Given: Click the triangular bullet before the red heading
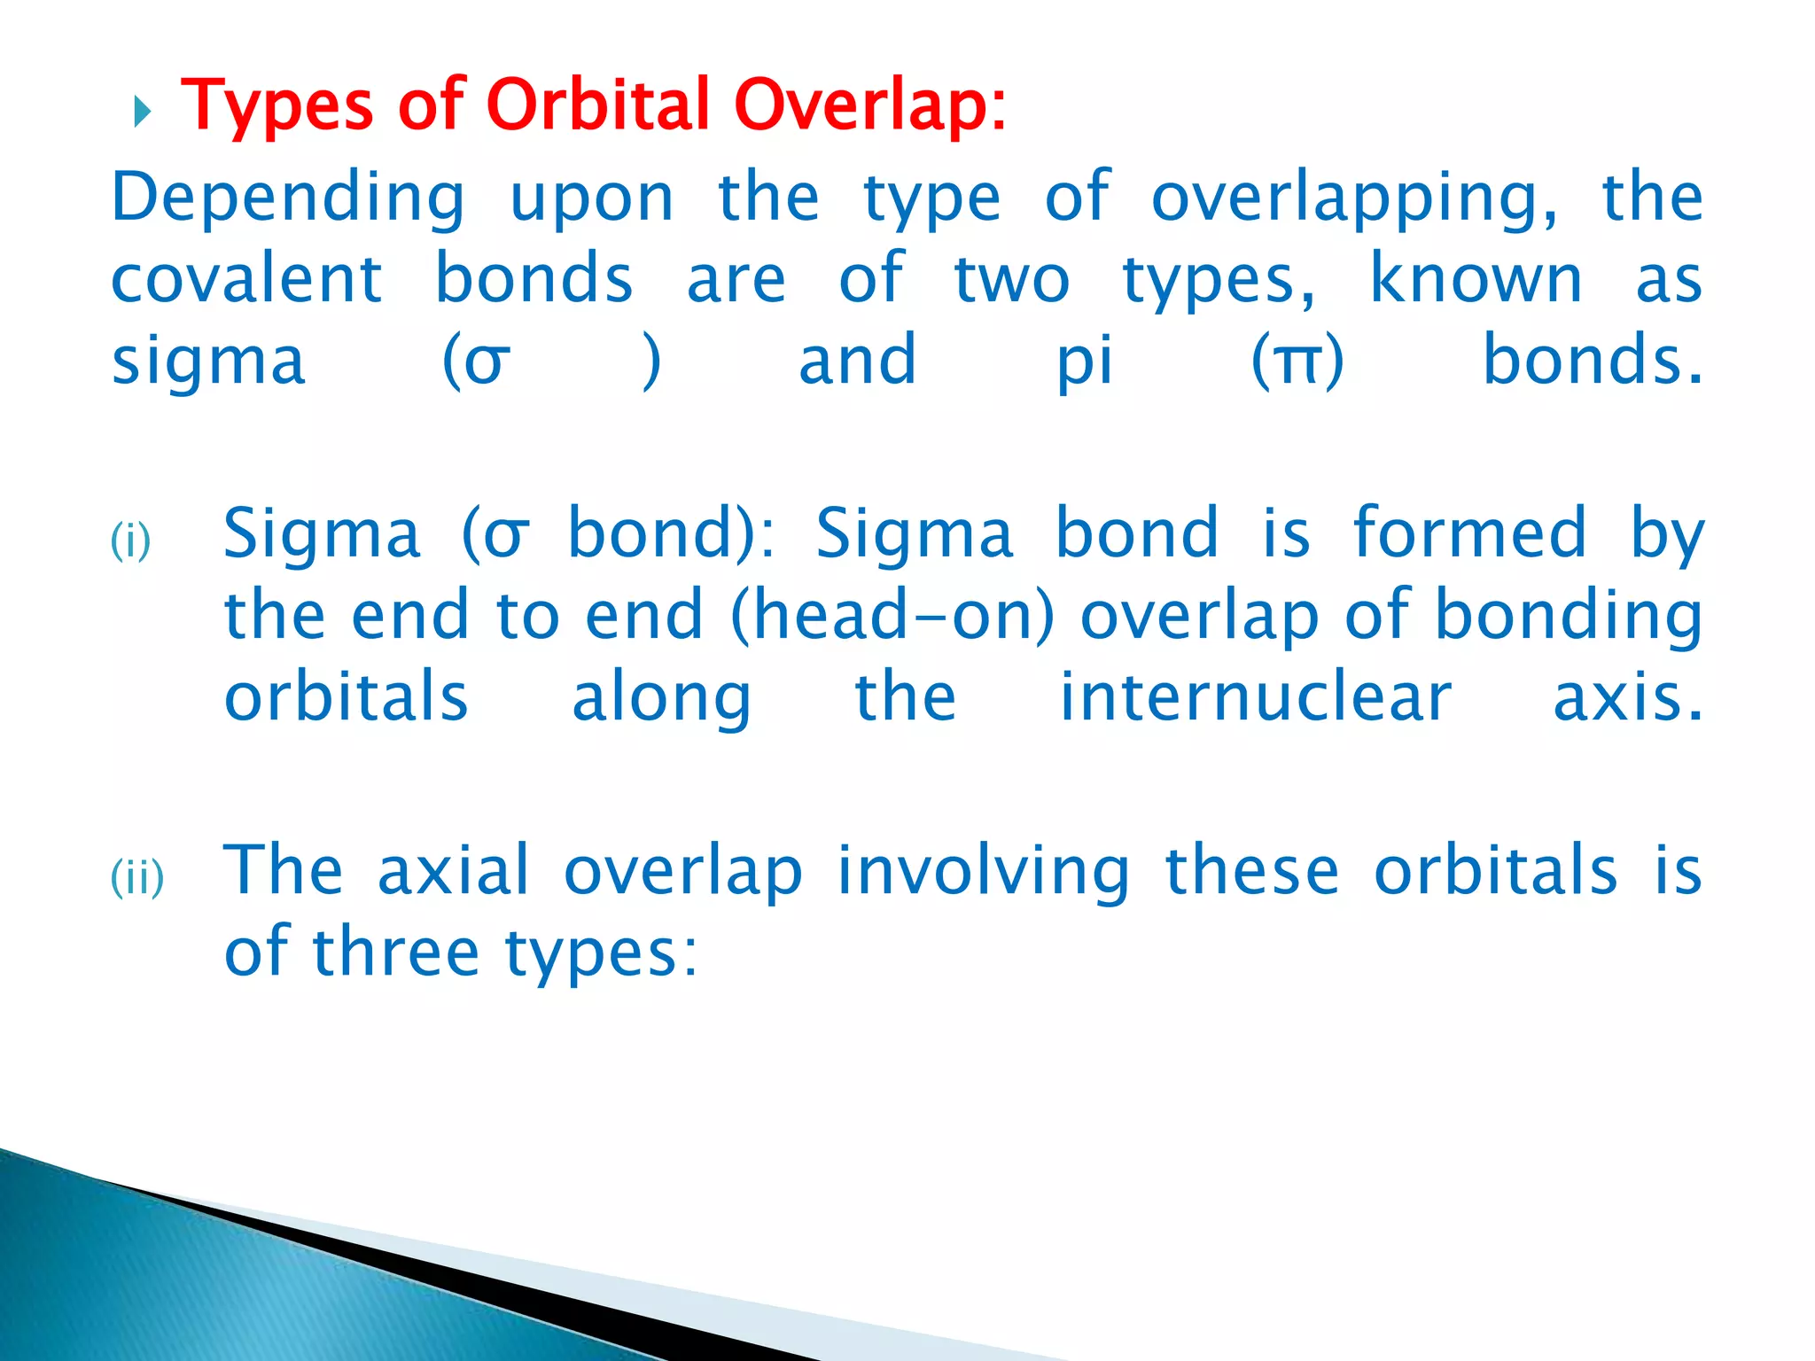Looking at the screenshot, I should point(143,113).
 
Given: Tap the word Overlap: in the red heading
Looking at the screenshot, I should point(870,106).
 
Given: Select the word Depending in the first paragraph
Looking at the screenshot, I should point(288,198).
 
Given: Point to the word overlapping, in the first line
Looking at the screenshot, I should point(1354,198).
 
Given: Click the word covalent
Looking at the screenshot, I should point(246,280).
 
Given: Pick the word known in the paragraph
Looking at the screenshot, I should point(1476,280).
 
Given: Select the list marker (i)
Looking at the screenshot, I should point(131,541).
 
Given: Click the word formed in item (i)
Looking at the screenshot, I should point(1469,533).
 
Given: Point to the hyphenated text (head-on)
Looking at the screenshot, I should point(892,615).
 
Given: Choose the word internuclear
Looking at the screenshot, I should point(1256,698).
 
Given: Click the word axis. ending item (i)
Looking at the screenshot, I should point(1627,698).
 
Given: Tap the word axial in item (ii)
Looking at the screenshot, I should point(454,870).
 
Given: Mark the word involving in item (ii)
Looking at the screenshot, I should point(984,872).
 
